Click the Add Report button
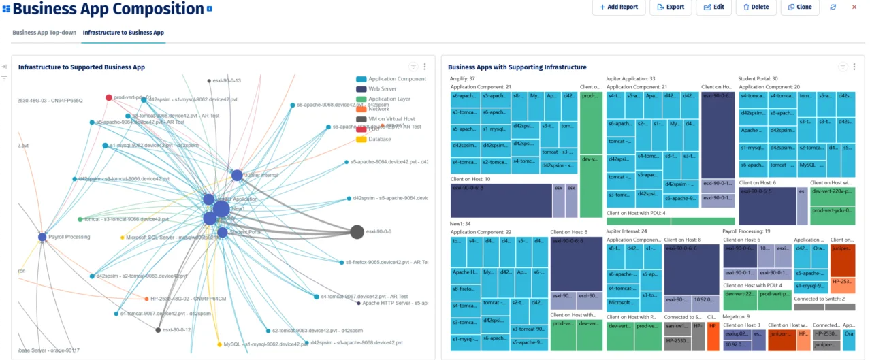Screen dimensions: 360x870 (x=618, y=7)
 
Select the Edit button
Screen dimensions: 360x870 (x=713, y=7)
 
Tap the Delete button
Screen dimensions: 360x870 (x=756, y=7)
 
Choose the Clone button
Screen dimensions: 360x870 (x=799, y=7)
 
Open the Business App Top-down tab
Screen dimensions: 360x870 (x=44, y=33)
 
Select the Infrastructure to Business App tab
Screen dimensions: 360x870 (x=123, y=33)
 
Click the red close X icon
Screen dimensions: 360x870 (x=854, y=7)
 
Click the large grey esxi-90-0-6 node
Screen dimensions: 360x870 (x=357, y=232)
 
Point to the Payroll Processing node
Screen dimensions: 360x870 (x=42, y=237)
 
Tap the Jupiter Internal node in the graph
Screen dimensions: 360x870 (x=237, y=176)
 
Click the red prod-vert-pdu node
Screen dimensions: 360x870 (x=109, y=97)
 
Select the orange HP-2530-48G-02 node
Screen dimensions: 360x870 (x=146, y=299)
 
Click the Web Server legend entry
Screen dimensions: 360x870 (x=383, y=89)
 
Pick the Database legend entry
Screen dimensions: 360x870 (x=379, y=140)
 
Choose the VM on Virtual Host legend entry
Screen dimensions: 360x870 (x=391, y=119)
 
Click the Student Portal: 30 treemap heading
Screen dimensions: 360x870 (x=758, y=79)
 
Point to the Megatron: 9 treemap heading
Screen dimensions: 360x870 (x=736, y=316)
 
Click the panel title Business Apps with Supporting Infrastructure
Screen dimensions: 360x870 (x=517, y=67)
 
